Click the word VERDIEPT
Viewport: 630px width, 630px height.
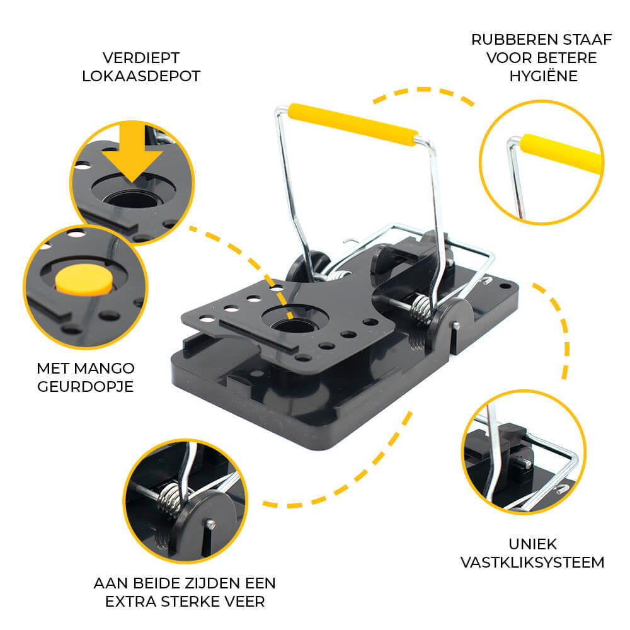(141, 58)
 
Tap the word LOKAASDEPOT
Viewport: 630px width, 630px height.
(141, 76)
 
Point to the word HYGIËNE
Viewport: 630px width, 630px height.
(543, 76)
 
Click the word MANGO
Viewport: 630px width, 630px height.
(105, 369)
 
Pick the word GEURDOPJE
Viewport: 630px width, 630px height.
(85, 387)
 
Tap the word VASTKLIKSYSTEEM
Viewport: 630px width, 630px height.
(532, 563)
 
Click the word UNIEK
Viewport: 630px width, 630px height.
(533, 544)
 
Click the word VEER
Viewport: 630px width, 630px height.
(244, 602)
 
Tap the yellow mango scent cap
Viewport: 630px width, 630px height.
(84, 279)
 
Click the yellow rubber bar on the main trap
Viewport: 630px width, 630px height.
(352, 125)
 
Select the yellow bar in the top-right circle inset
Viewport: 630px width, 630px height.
(561, 154)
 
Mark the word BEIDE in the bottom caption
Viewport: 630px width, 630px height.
(156, 583)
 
